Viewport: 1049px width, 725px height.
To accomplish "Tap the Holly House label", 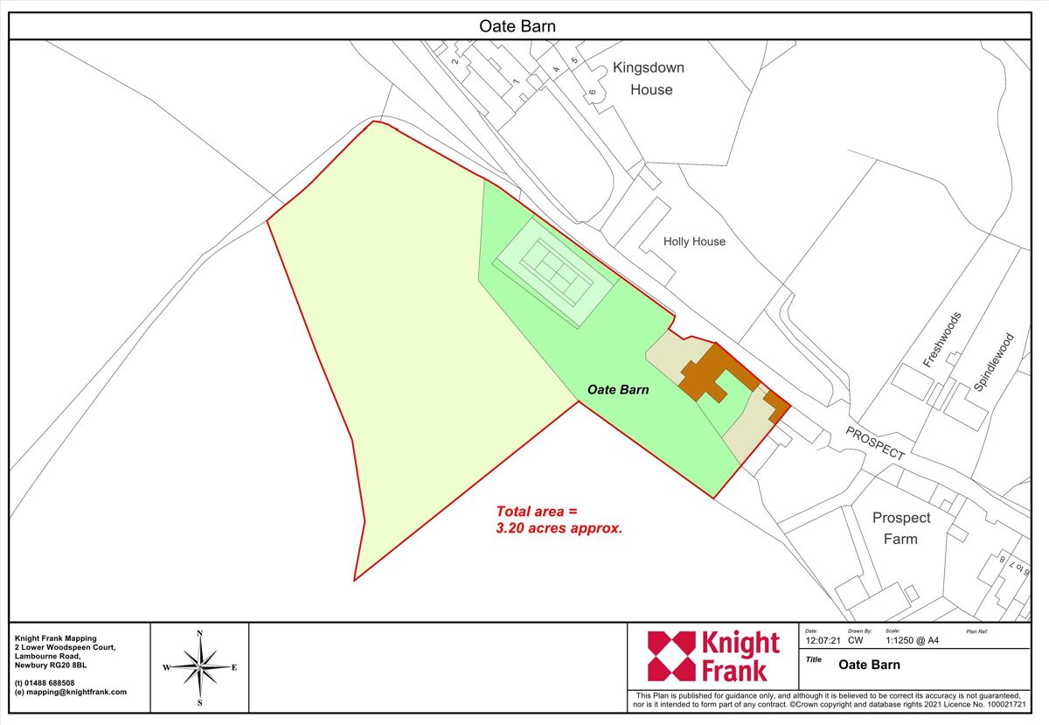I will [694, 241].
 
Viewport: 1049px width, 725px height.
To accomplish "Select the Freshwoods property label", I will [942, 339].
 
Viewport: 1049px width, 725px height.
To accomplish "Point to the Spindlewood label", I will [994, 361].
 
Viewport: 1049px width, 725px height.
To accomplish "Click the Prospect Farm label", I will [900, 528].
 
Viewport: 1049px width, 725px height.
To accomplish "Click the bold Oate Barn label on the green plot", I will [618, 390].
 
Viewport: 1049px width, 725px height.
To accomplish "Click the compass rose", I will [200, 667].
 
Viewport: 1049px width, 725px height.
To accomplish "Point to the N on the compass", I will [200, 633].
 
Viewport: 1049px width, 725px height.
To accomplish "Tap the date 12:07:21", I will [823, 640].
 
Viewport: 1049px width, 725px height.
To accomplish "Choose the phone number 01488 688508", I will [50, 682].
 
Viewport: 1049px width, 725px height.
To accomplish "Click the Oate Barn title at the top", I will [518, 26].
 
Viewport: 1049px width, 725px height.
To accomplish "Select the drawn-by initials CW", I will [855, 640].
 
